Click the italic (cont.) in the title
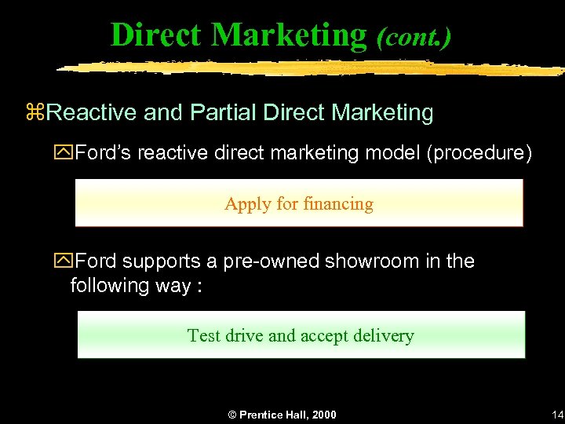(414, 36)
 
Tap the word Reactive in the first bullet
(92, 113)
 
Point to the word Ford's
(104, 152)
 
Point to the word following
(109, 285)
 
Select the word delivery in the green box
(383, 336)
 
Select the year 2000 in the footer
(322, 415)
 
